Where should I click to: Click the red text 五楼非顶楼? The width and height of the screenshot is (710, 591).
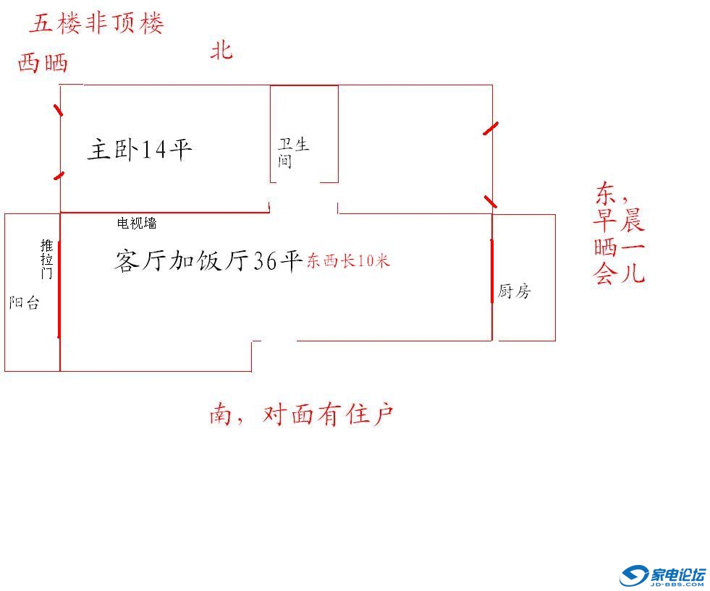(x=97, y=23)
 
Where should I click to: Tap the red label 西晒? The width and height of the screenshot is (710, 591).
(x=43, y=63)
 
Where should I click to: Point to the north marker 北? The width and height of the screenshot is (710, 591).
(x=221, y=51)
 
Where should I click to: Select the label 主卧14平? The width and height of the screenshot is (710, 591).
(x=140, y=150)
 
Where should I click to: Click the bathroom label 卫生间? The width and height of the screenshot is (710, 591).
(x=292, y=153)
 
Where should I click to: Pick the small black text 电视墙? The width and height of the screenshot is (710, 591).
(x=137, y=224)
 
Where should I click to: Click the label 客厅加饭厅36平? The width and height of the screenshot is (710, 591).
(x=208, y=261)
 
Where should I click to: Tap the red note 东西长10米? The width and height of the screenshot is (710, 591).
(x=348, y=261)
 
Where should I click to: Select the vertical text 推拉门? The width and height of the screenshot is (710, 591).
(x=47, y=259)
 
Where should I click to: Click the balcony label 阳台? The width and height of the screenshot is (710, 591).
(x=24, y=303)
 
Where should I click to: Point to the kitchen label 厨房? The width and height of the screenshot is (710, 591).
(x=514, y=292)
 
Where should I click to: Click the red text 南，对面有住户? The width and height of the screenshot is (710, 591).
(x=301, y=414)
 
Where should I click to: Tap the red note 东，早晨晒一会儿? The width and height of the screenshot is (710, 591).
(x=619, y=234)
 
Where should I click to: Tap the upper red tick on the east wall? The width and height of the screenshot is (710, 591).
(x=491, y=129)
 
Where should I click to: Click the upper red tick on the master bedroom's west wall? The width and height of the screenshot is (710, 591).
(x=58, y=110)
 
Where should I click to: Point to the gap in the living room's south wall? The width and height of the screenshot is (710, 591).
(x=274, y=340)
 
